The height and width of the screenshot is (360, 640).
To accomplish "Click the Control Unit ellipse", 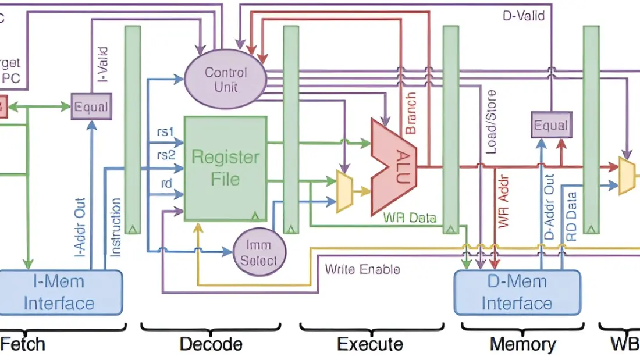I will point(225,80).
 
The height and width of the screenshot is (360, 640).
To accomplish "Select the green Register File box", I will point(225,167).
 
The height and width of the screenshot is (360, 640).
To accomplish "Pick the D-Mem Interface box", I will point(517,293).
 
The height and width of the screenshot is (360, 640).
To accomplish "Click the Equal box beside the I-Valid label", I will point(91,107).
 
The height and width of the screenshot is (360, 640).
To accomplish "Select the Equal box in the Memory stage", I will point(550,126).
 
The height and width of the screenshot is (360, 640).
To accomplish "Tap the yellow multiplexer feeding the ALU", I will point(344,191).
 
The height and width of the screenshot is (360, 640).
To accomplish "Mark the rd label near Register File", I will point(166,183).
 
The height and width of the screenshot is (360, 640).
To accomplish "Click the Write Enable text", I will point(362,269).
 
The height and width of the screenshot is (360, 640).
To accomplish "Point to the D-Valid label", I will point(524,16).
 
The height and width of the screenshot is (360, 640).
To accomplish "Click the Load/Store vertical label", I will point(491,122).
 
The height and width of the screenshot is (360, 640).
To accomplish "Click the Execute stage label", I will point(369,344).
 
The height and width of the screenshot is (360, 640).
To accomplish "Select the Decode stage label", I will point(211,344).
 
